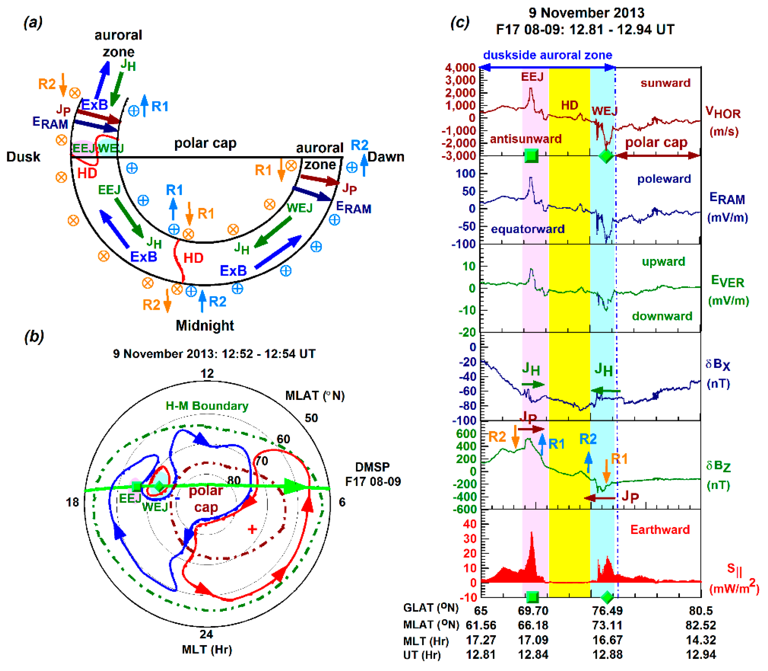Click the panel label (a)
pyautogui.click(x=33, y=23)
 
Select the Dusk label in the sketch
pyautogui.click(x=23, y=156)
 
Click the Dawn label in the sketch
pyautogui.click(x=386, y=156)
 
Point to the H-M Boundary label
pyautogui.click(x=207, y=406)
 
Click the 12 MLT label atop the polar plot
pyautogui.click(x=207, y=373)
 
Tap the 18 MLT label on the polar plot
pyautogui.click(x=73, y=502)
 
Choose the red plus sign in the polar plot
pyautogui.click(x=252, y=529)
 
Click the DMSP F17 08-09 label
pyautogui.click(x=373, y=474)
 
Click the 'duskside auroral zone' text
pyautogui.click(x=547, y=55)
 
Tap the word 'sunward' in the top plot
pyautogui.click(x=665, y=83)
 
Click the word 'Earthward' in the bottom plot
pyautogui.click(x=660, y=529)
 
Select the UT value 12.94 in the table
pyautogui.click(x=701, y=655)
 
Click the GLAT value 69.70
pyautogui.click(x=533, y=611)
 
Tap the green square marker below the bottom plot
pyautogui.click(x=532, y=597)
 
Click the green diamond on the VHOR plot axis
pyautogui.click(x=606, y=156)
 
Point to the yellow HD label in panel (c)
pyautogui.click(x=569, y=105)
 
